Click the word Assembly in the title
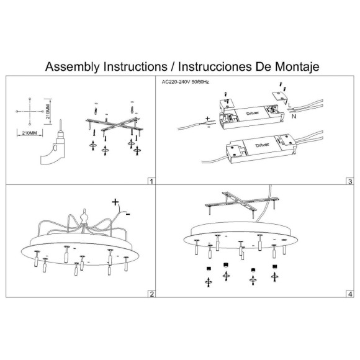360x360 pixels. pyautogui.click(x=73, y=67)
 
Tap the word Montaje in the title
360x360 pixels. pyautogui.click(x=297, y=66)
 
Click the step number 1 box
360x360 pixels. pyautogui.click(x=151, y=181)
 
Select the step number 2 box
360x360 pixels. pyautogui.click(x=151, y=294)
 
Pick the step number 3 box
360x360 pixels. pyautogui.click(x=350, y=181)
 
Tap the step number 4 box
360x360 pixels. pyautogui.click(x=350, y=294)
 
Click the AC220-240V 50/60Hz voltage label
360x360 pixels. pyautogui.click(x=186, y=82)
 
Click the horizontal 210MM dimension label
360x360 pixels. pyautogui.click(x=29, y=133)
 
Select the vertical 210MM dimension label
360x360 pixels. pyautogui.click(x=48, y=112)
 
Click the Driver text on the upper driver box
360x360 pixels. pyautogui.click(x=253, y=113)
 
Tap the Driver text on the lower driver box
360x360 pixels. pyautogui.click(x=262, y=145)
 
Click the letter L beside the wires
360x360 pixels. pyautogui.click(x=290, y=105)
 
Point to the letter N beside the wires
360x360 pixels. pyautogui.click(x=294, y=116)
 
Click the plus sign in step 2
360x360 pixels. pyautogui.click(x=115, y=202)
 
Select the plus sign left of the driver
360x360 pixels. pyautogui.click(x=207, y=119)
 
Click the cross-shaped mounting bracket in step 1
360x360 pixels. pyautogui.click(x=114, y=125)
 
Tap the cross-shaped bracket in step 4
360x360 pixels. pyautogui.click(x=242, y=202)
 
